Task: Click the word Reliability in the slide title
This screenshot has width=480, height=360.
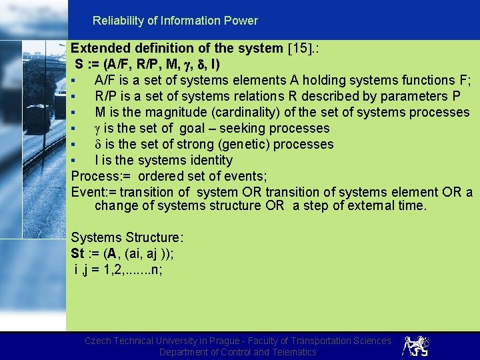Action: coord(117,21)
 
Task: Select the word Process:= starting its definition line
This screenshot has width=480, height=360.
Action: coord(101,176)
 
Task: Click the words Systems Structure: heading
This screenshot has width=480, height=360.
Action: coord(127,237)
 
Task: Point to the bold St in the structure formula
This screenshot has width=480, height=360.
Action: coord(78,253)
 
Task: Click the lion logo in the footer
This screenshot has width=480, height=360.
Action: coord(416,345)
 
